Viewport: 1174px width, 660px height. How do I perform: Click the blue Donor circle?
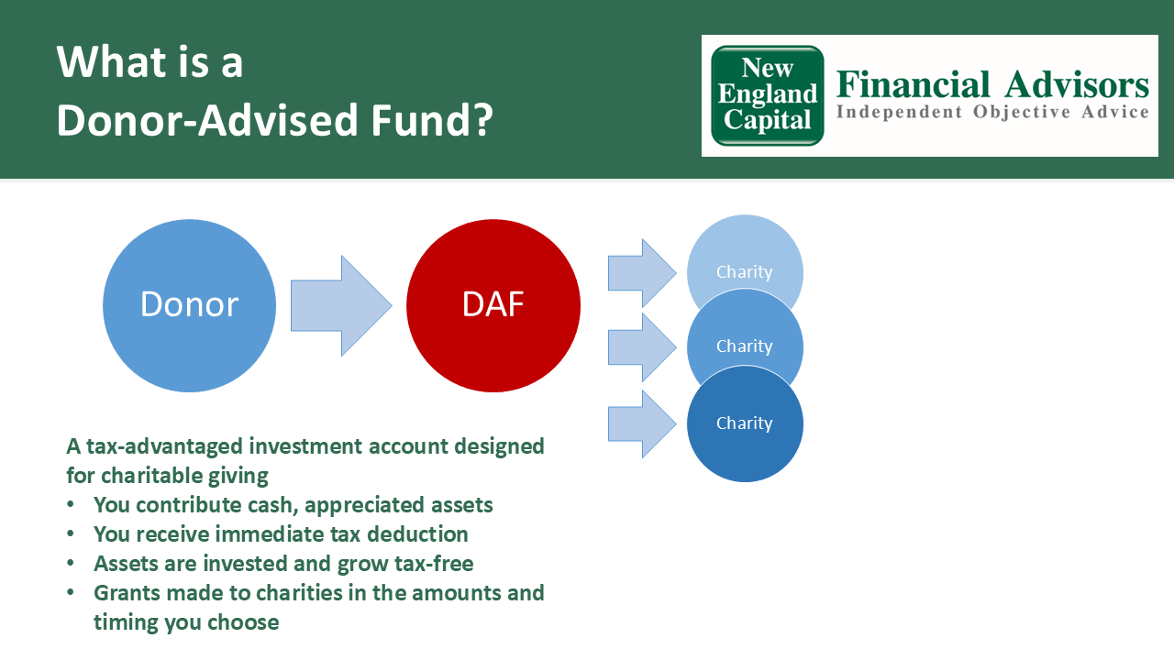189,305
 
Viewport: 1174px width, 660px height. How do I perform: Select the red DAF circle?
493,305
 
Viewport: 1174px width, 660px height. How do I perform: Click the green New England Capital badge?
768,95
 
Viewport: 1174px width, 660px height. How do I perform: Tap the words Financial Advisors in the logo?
992,85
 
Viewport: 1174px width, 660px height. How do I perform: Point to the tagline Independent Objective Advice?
992,113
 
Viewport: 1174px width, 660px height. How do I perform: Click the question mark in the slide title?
482,120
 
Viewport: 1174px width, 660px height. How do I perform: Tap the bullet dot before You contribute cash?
72,506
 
